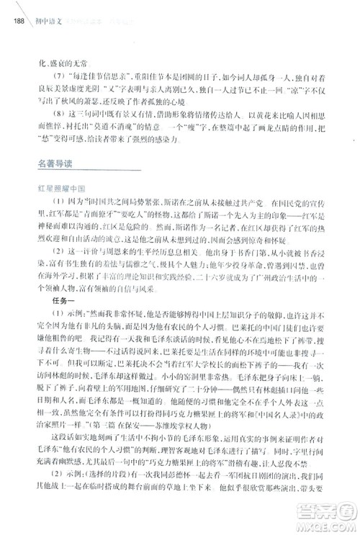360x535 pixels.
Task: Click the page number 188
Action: tap(19, 20)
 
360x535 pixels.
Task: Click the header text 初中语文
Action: tap(48, 20)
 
